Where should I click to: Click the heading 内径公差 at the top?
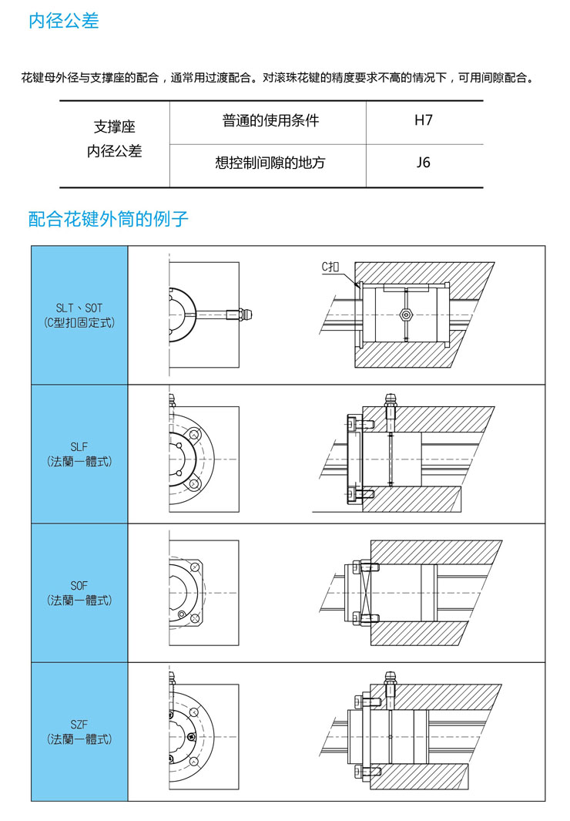pyautogui.click(x=64, y=22)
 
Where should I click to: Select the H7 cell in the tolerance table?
pyautogui.click(x=423, y=120)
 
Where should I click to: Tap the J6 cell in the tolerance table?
pyautogui.click(x=423, y=163)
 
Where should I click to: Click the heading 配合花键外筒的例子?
pyautogui.click(x=109, y=219)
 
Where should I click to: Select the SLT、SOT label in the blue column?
pyautogui.click(x=79, y=308)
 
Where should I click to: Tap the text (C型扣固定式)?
pyautogui.click(x=79, y=323)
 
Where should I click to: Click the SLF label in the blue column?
pyautogui.click(x=79, y=446)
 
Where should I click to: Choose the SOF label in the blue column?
pyautogui.click(x=79, y=586)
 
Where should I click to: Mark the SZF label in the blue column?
pyautogui.click(x=79, y=725)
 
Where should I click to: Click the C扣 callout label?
pyautogui.click(x=330, y=267)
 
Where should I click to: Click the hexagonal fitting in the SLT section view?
pyautogui.click(x=406, y=315)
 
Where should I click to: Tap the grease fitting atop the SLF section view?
pyautogui.click(x=392, y=401)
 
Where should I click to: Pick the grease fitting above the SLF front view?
pyautogui.click(x=173, y=399)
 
